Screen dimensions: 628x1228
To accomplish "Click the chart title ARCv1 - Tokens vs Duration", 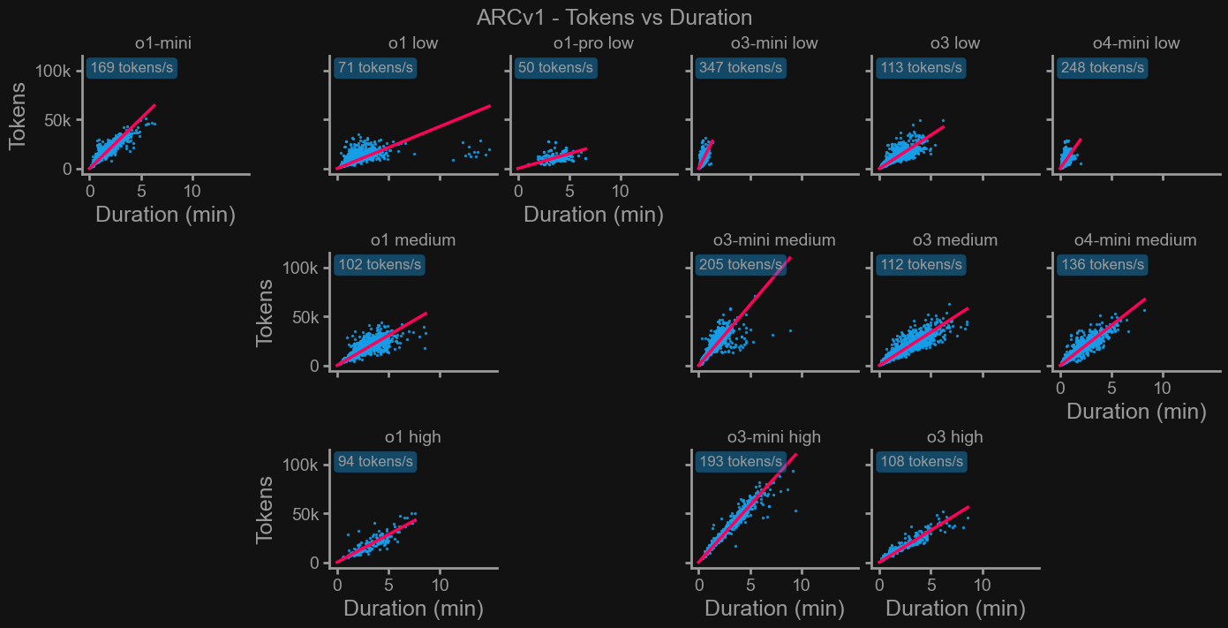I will click(614, 17).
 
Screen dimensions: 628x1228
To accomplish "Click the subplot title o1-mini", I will click(163, 43).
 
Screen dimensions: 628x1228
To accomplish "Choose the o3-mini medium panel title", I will click(774, 240).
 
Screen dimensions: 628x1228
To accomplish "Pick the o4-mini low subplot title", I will click(1135, 43).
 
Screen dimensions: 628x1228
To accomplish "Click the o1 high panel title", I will click(412, 437).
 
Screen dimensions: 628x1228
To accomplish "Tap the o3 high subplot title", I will click(954, 437).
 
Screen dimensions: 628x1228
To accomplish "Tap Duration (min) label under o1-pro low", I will click(593, 214).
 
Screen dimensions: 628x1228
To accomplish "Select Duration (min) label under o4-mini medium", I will click(1136, 411).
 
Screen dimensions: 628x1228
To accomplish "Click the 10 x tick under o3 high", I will click(982, 585).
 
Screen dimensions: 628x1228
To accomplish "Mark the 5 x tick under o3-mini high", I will click(750, 585).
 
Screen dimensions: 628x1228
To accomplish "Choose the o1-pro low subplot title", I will click(593, 43).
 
